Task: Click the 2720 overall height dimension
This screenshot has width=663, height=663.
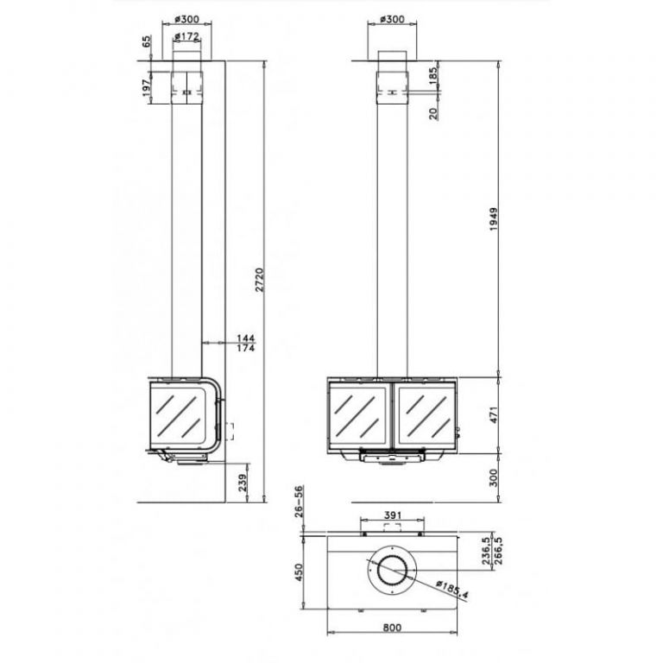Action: [x=259, y=280]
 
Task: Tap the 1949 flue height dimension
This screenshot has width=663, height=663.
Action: [x=494, y=219]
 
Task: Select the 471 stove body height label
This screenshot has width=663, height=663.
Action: [x=494, y=414]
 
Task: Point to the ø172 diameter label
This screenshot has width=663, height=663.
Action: [x=186, y=37]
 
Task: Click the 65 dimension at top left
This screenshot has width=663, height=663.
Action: [x=146, y=41]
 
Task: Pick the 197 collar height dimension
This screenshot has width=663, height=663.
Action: [x=147, y=87]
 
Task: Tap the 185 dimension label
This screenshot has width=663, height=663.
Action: [x=434, y=76]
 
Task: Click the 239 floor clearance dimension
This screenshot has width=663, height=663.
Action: [x=243, y=482]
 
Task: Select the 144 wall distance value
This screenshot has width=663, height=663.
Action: [x=246, y=338]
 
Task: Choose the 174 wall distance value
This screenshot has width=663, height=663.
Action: [x=246, y=348]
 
